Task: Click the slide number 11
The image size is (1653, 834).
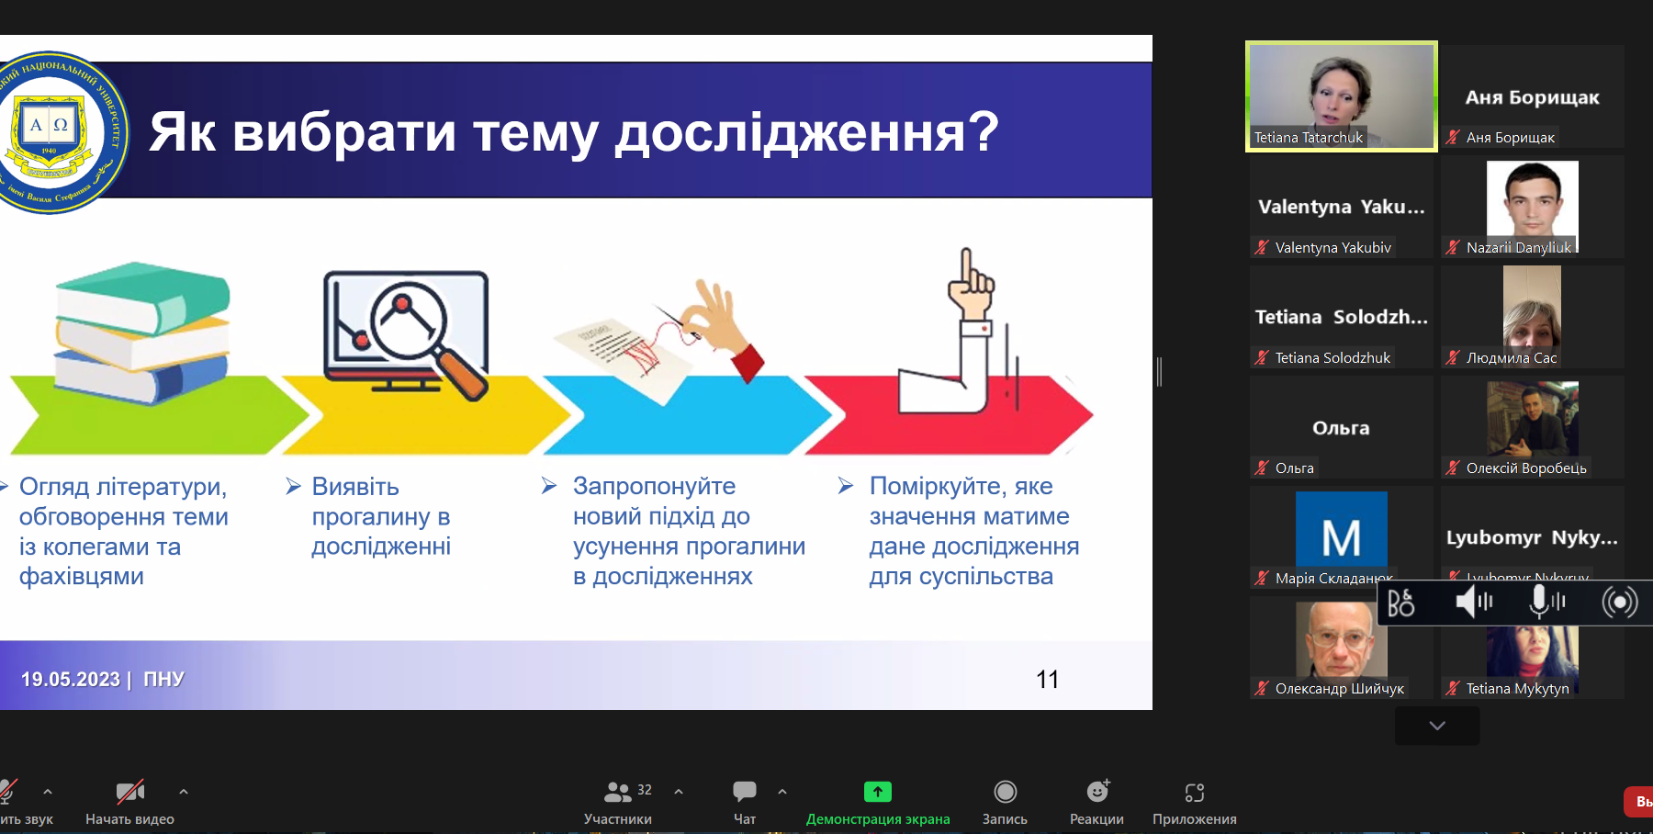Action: coord(1047,680)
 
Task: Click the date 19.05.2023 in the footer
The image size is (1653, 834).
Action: coord(71,680)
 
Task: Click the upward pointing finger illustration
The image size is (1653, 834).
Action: coord(969,285)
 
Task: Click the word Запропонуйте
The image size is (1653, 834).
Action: coord(654,486)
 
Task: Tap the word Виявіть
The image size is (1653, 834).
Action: coord(355,486)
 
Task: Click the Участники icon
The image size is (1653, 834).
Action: coord(618,792)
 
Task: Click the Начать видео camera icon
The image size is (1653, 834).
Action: coord(129,792)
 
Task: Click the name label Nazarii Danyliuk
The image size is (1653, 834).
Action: coord(1518,247)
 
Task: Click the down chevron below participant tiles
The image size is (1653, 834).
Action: coord(1437,726)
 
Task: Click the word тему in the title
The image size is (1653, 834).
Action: coord(535,132)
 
